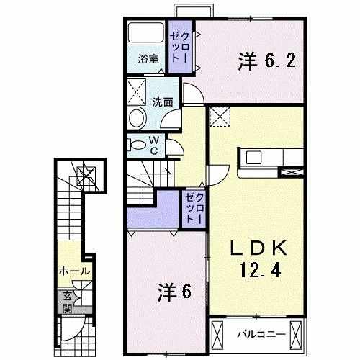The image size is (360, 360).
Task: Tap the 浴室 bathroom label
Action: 146,60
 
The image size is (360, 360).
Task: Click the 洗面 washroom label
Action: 162,102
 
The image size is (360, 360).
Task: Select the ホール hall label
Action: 74,271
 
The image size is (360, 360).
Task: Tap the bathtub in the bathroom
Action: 146,35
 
